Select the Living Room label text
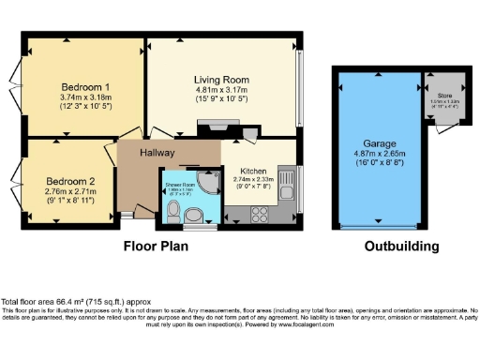(x=222, y=80)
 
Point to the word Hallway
(x=158, y=153)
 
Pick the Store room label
(x=441, y=96)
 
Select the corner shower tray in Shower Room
(x=206, y=184)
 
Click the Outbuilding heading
(x=400, y=247)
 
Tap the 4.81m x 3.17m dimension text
(x=222, y=91)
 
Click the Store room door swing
(x=436, y=125)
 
